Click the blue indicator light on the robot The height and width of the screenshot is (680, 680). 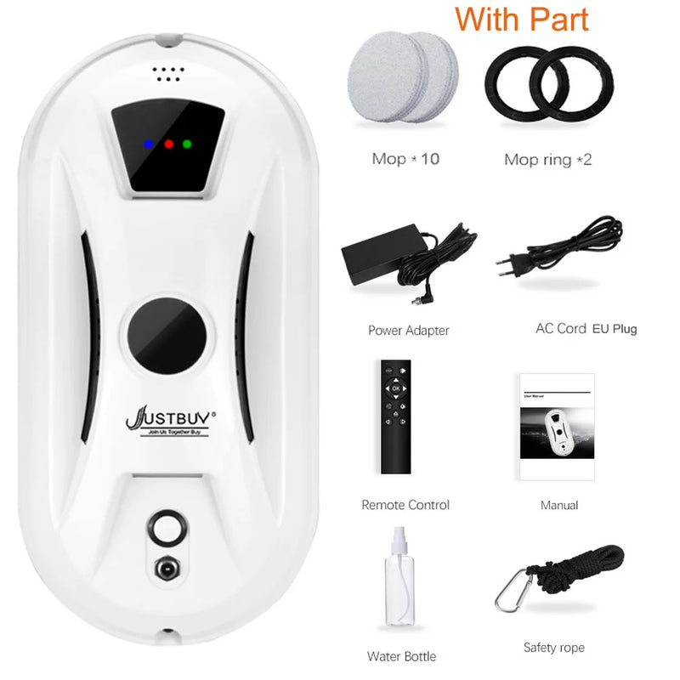point(148,143)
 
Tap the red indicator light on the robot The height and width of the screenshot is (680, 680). point(168,144)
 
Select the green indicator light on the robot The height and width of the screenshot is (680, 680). point(187,144)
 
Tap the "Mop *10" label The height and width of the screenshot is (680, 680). point(405,159)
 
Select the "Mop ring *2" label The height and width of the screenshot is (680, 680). point(547,159)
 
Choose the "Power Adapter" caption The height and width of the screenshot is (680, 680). point(409,330)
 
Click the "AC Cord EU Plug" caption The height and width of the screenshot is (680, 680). point(586,329)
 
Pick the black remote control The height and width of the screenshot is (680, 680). point(395,416)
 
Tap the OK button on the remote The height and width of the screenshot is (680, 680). point(395,388)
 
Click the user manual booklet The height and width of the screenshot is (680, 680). point(557,427)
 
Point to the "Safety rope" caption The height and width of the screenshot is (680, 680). point(553,648)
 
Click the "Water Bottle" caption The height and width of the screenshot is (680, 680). point(402,656)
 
